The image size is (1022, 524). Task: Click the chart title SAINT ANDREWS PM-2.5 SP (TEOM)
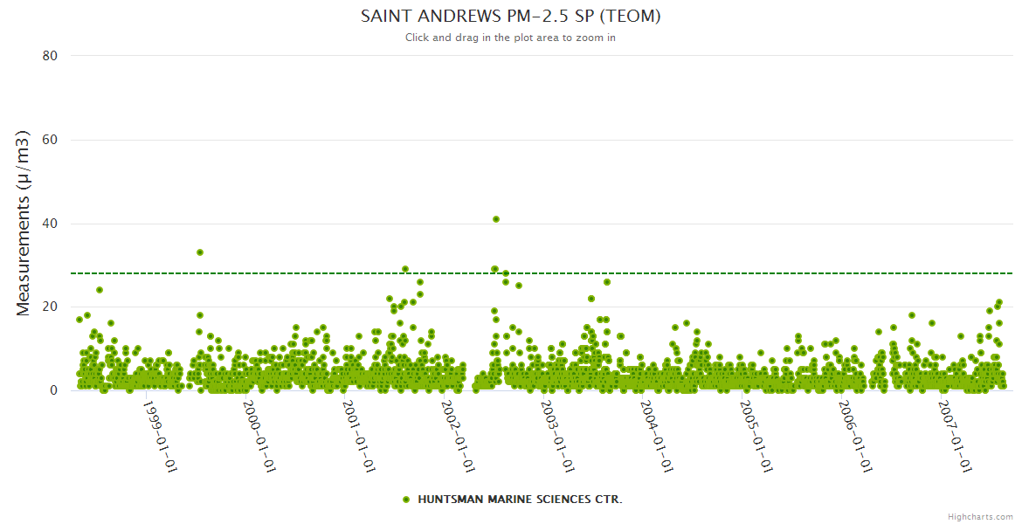(x=510, y=17)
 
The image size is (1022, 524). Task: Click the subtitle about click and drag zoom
(x=510, y=38)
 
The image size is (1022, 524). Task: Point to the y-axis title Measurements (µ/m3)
(x=24, y=223)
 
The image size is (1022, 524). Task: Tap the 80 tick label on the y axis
(x=50, y=56)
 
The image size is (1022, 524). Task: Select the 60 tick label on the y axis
(x=50, y=140)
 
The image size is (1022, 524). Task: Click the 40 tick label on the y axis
(x=50, y=224)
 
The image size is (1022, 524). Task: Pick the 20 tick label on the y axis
(x=50, y=307)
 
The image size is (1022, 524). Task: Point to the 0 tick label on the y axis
(x=53, y=390)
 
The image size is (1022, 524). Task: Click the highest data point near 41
(x=496, y=219)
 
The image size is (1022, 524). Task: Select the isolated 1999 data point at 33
(x=200, y=252)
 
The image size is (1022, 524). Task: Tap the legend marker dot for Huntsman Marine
(x=406, y=500)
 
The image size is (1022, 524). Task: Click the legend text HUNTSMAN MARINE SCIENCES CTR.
(x=520, y=500)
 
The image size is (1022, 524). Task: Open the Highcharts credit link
(x=980, y=516)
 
